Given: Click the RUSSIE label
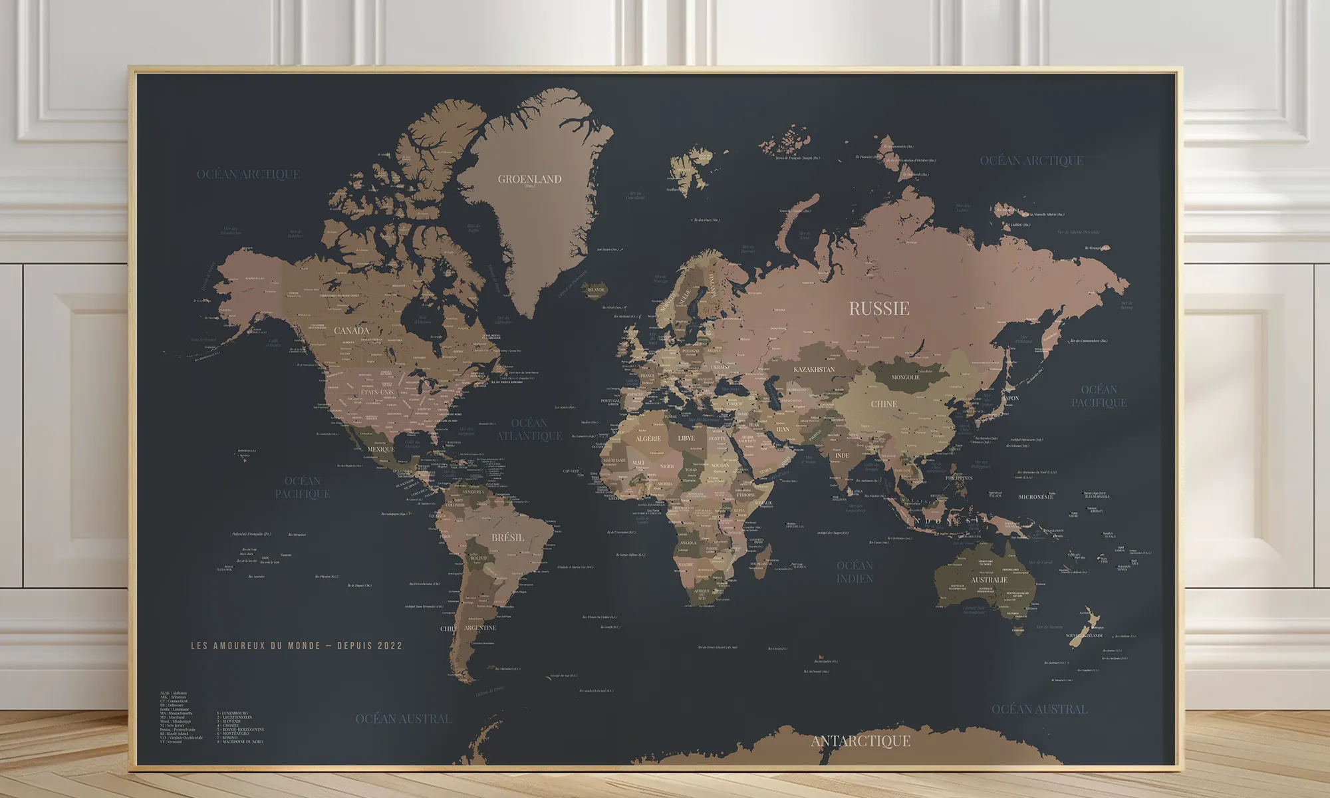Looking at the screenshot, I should click(x=878, y=309).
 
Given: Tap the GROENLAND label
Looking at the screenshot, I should click(x=529, y=179).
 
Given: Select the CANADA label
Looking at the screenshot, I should click(x=351, y=331).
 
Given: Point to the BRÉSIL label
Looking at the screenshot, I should click(x=507, y=537).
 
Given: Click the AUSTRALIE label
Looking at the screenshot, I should click(x=989, y=580).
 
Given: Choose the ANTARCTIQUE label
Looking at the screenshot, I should click(x=861, y=741).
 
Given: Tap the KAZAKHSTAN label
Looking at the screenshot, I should click(x=814, y=369).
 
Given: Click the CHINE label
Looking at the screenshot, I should click(x=884, y=404).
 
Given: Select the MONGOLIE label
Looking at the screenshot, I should click(x=905, y=377).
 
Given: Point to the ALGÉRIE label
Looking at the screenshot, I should click(x=648, y=439).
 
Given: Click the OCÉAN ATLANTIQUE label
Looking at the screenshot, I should click(x=529, y=430).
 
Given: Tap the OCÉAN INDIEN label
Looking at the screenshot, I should click(x=855, y=572).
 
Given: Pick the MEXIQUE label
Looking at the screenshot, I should click(x=381, y=449).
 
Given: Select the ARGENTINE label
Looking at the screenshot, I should click(x=480, y=628).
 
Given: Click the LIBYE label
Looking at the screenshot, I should click(x=686, y=438).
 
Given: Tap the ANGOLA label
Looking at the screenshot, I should click(x=688, y=543).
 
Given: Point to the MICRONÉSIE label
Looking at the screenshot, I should click(x=1036, y=497).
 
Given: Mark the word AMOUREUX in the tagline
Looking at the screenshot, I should click(x=241, y=646).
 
